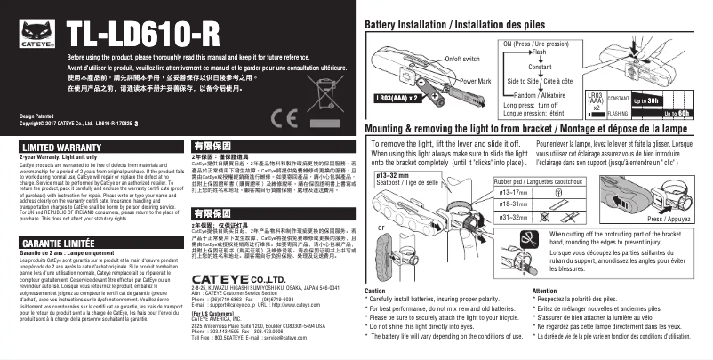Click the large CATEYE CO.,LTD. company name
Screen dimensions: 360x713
(235, 279)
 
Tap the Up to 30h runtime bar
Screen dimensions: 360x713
(646, 101)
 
